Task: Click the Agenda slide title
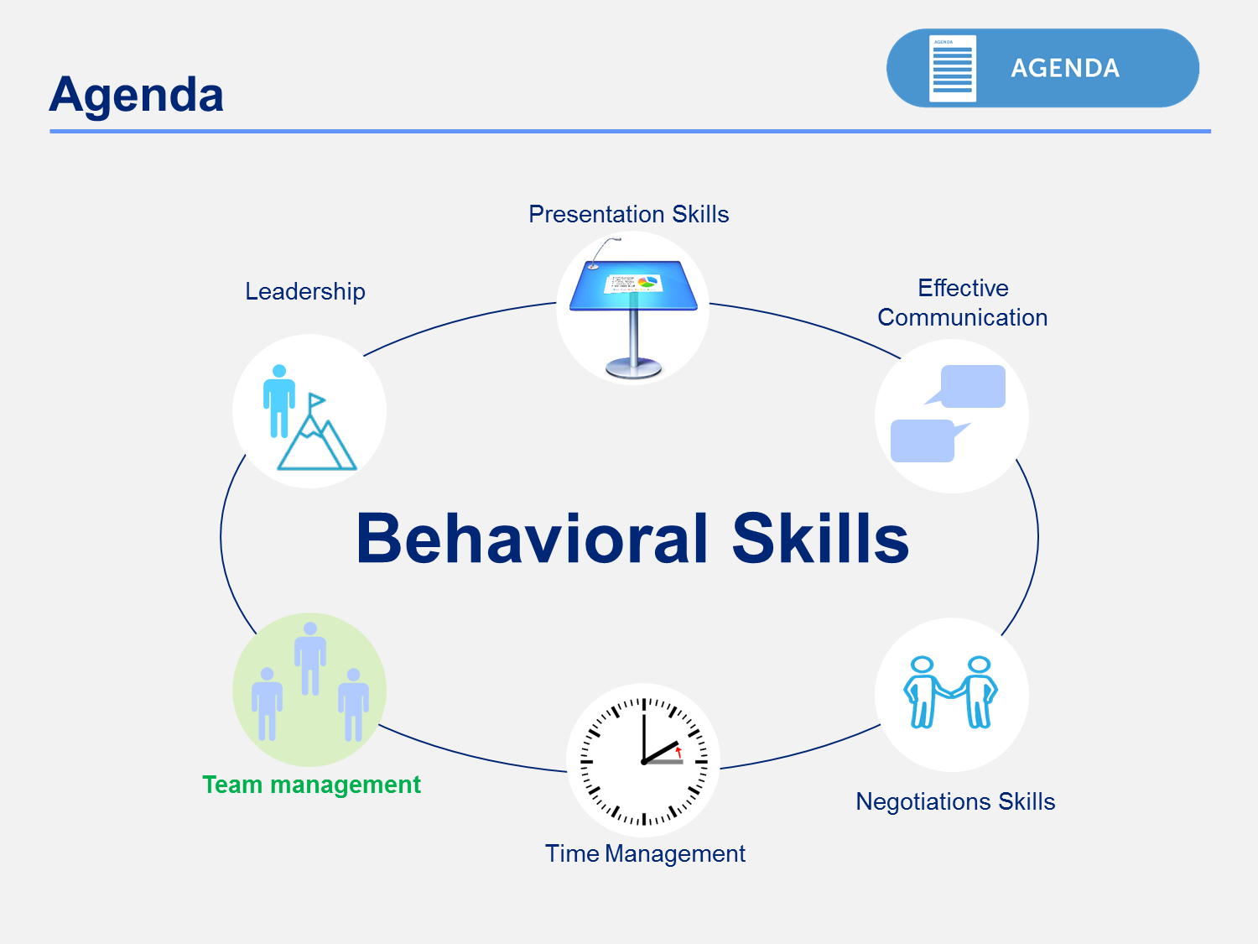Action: coord(137,96)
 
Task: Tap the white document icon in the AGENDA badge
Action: coord(953,68)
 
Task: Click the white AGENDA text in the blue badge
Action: coord(1065,68)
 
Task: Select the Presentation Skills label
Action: coord(628,214)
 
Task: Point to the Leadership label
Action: coord(305,292)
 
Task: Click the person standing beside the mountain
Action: coord(279,401)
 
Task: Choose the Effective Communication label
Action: coord(962,303)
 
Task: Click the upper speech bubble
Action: coord(969,386)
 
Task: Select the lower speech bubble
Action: coord(928,441)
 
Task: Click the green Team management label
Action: coord(311,785)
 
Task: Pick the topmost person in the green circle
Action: coord(310,659)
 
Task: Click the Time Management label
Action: coord(645,854)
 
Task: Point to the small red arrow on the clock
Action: coord(678,752)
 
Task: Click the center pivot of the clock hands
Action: coord(644,762)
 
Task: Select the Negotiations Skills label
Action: coord(955,802)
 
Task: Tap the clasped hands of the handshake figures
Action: coord(951,694)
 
